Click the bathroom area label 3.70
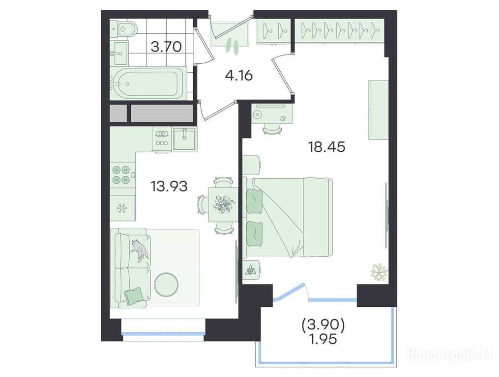(x=166, y=47)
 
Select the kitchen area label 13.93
(x=169, y=186)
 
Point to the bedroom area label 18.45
(x=326, y=147)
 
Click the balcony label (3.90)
(x=323, y=325)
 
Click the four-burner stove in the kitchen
(x=122, y=175)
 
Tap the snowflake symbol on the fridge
(x=121, y=208)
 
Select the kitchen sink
(x=184, y=138)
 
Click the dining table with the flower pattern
(x=223, y=204)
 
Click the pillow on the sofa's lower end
(x=133, y=296)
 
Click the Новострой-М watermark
(x=449, y=354)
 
